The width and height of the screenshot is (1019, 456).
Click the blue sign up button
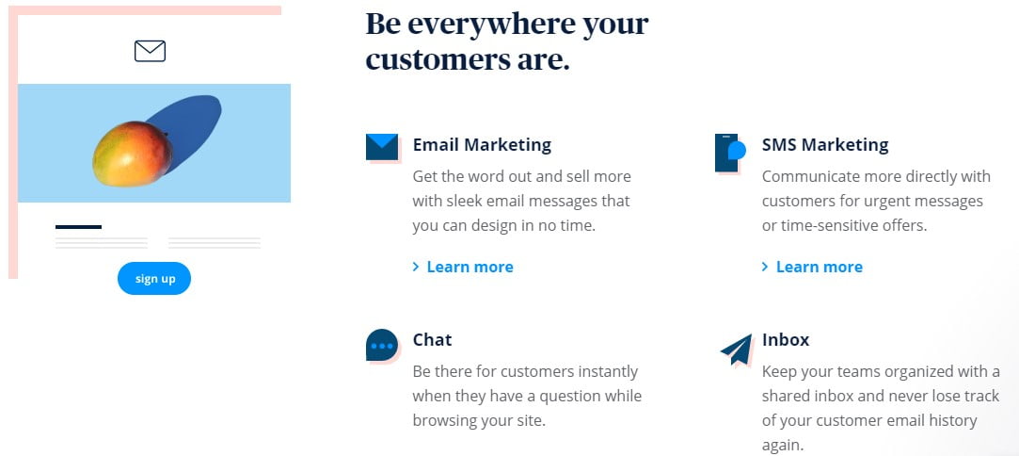click(x=154, y=279)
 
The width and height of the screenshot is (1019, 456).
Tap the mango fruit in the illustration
click(x=132, y=154)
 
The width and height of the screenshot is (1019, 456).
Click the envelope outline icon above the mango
click(x=150, y=51)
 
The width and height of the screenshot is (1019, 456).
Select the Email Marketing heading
click(x=482, y=145)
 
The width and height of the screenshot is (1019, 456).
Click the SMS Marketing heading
click(x=824, y=145)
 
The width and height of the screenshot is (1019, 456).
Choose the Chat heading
click(x=432, y=340)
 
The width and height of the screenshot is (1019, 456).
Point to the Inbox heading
click(x=786, y=340)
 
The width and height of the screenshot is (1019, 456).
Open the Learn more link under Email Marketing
click(x=469, y=268)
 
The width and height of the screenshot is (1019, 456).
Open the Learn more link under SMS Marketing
click(x=818, y=268)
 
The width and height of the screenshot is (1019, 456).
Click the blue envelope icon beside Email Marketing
click(x=382, y=147)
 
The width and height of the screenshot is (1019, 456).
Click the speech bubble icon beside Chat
click(x=381, y=346)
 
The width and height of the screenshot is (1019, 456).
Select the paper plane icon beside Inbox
click(x=737, y=350)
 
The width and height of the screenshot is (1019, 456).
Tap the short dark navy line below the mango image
click(x=78, y=227)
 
